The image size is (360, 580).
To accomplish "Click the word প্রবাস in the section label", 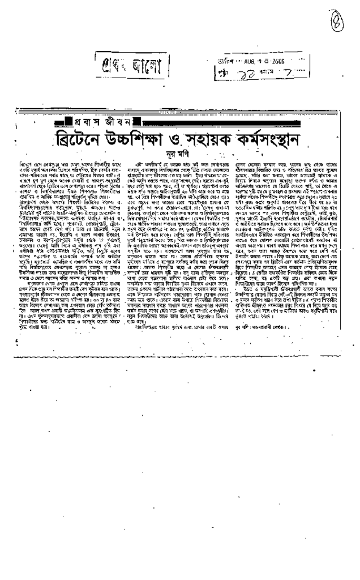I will click(x=94, y=122).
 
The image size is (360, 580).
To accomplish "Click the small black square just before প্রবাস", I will click(x=70, y=122).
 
